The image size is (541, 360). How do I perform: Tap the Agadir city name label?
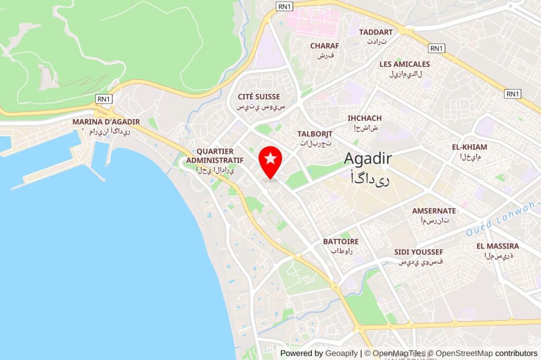click(368, 158)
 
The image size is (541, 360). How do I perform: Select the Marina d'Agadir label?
click(106, 122)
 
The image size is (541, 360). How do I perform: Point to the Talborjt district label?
click(314, 134)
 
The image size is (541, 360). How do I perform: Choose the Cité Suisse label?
click(259, 97)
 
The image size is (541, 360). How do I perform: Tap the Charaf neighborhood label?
click(324, 46)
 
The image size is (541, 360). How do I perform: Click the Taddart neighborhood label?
click(376, 32)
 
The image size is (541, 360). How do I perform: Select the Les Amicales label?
click(405, 64)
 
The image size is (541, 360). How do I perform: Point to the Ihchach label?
click(365, 118)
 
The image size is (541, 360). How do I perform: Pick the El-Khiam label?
click(469, 147)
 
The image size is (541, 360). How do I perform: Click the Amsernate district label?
click(434, 211)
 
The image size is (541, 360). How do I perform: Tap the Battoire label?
click(341, 242)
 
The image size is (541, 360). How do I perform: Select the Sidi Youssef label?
click(418, 252)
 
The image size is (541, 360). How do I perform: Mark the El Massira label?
click(498, 246)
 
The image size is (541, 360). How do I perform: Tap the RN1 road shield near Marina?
click(104, 99)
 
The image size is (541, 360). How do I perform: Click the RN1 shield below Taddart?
click(436, 49)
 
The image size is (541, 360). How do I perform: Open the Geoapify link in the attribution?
click(341, 353)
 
